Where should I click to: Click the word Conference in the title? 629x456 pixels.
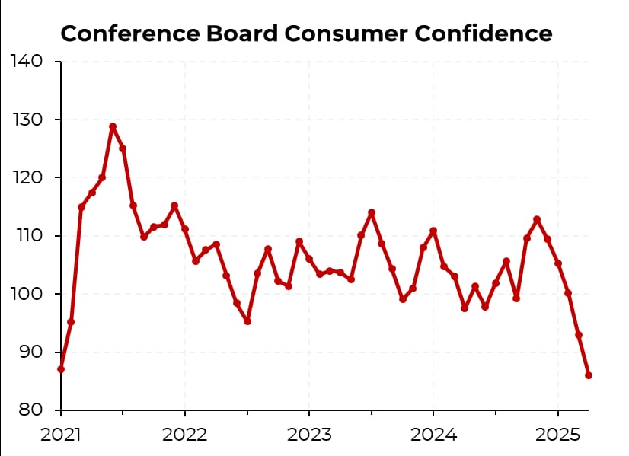123,34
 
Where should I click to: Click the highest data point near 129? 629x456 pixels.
113,126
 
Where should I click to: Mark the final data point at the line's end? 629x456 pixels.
589,375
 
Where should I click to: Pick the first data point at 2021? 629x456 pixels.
61,369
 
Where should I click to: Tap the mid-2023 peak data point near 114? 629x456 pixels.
372,212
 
